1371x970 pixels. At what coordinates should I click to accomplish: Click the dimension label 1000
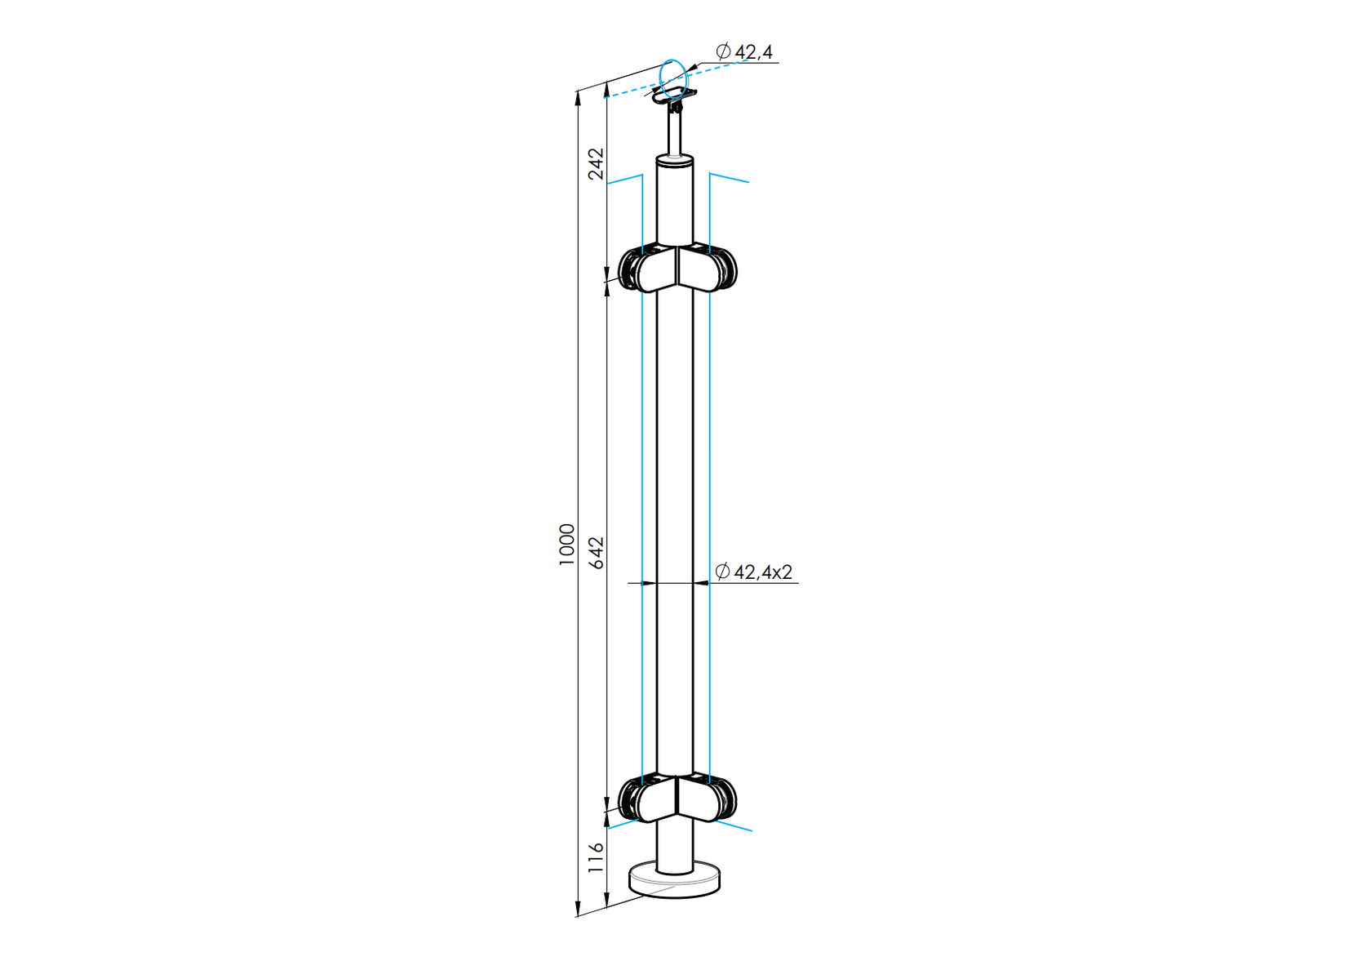point(567,545)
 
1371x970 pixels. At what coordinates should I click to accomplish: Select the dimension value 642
point(597,553)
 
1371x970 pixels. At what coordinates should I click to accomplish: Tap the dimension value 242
point(597,162)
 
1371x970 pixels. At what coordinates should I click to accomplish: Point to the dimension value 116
point(597,857)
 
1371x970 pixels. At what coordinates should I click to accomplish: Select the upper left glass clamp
point(645,272)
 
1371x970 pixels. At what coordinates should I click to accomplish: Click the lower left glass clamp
point(645,799)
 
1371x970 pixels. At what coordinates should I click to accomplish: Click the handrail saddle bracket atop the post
point(674,97)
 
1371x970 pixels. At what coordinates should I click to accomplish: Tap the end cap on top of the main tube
point(676,161)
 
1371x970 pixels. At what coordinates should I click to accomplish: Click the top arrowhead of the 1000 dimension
point(578,98)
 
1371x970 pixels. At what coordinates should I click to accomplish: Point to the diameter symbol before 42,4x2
point(722,572)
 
